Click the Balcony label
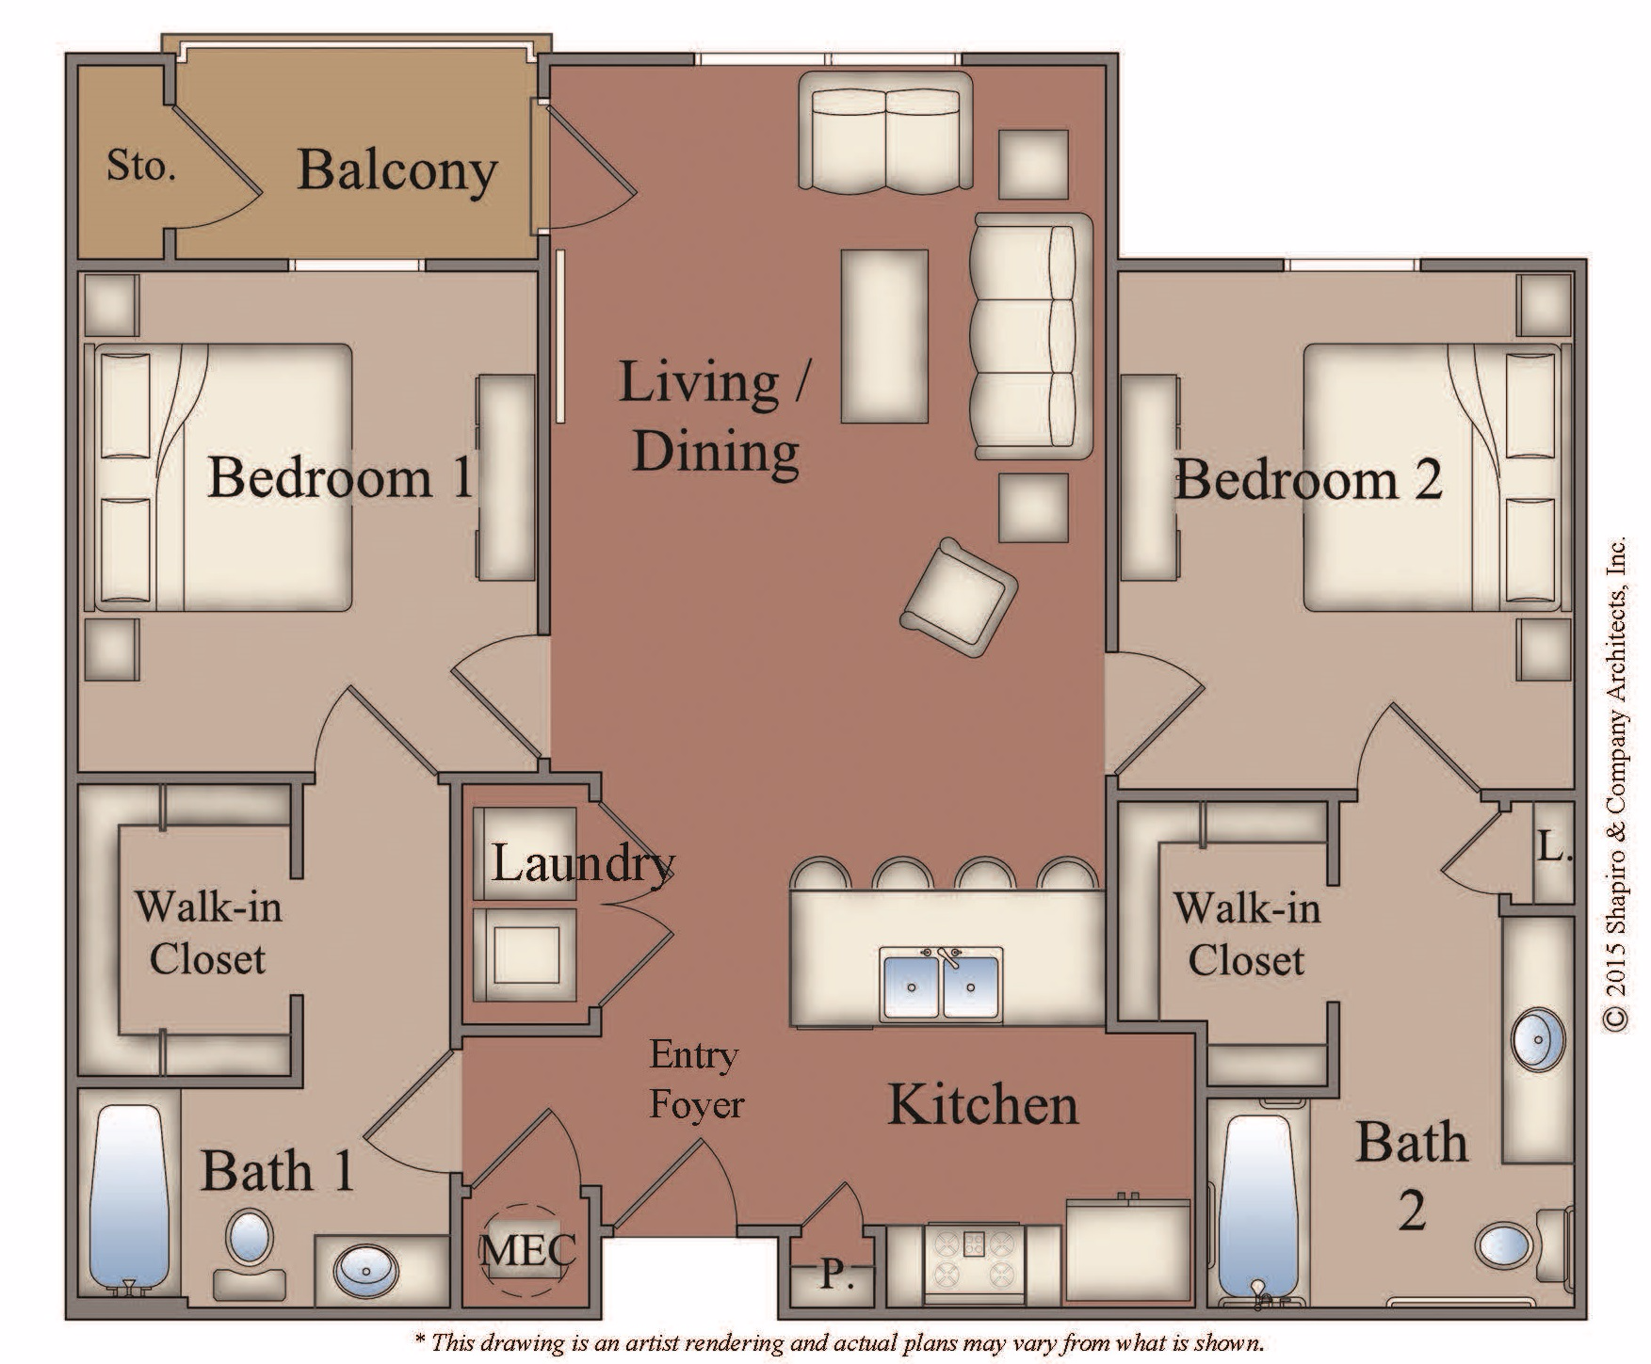point(397,171)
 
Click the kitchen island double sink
point(942,984)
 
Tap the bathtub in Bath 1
point(130,1200)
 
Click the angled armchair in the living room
point(960,599)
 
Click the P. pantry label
point(832,1276)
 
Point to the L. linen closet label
point(1555,848)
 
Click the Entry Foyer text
point(696,1079)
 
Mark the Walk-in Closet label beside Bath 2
point(1247,934)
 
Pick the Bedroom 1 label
point(340,477)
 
